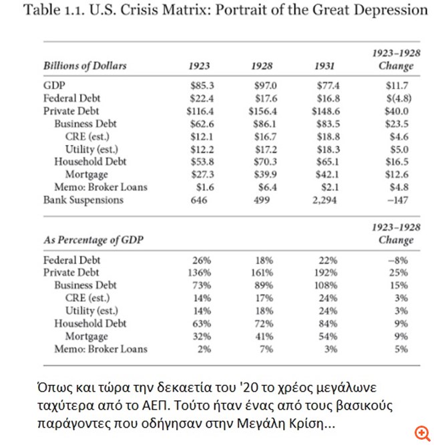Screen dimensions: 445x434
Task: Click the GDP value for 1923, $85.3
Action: point(199,85)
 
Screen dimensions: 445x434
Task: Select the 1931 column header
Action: point(324,65)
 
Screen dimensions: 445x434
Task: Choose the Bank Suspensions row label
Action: point(83,199)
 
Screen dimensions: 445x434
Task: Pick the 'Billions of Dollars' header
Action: point(85,65)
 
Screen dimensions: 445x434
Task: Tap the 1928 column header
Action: point(262,65)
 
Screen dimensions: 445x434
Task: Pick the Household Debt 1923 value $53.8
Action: point(199,161)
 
